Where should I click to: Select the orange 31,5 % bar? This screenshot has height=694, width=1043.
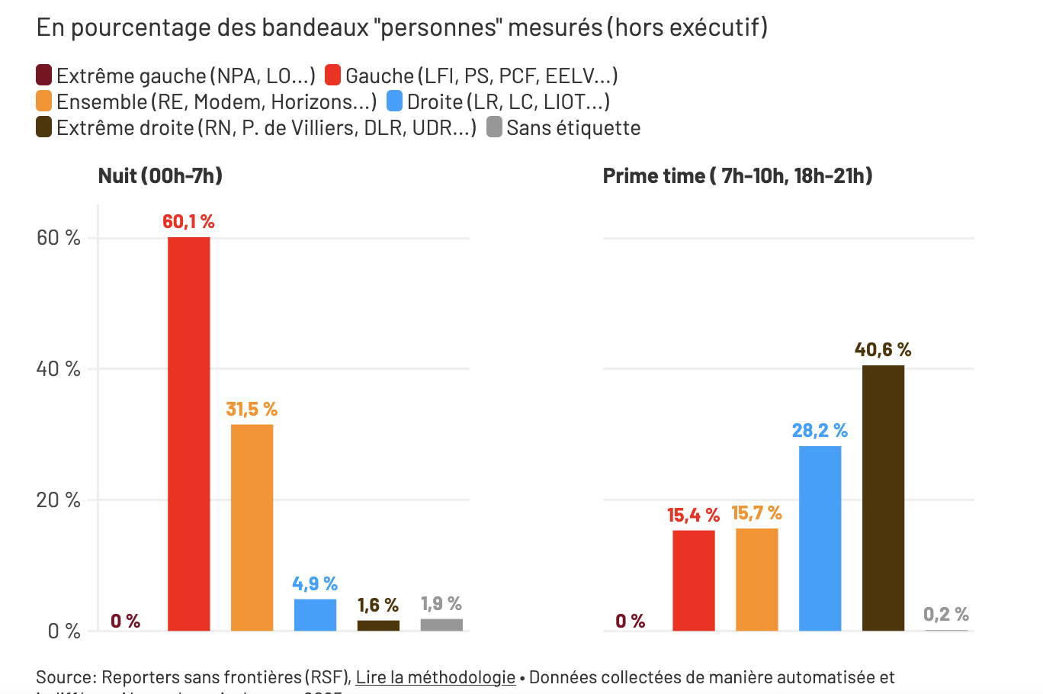(x=252, y=527)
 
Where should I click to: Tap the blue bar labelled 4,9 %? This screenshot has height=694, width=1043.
(x=315, y=615)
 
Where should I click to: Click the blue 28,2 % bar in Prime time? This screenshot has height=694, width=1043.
(x=820, y=538)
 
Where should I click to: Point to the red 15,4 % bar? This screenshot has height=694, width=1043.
(x=693, y=580)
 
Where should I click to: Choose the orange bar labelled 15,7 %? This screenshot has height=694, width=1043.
(x=756, y=579)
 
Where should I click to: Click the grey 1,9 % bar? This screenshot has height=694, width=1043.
(x=441, y=625)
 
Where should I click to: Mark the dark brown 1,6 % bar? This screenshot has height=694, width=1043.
(x=378, y=625)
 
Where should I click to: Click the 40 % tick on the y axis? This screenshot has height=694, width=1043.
(x=59, y=369)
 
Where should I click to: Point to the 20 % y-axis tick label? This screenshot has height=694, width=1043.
(x=59, y=500)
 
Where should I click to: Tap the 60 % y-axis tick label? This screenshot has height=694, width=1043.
(x=59, y=238)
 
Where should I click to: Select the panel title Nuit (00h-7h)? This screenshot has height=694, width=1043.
(x=160, y=176)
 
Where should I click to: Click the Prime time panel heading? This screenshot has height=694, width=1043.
(x=737, y=176)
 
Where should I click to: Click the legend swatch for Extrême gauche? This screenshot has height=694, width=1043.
(x=44, y=76)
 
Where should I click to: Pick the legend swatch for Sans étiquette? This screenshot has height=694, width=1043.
(x=494, y=127)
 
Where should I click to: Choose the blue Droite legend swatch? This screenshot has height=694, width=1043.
(x=394, y=101)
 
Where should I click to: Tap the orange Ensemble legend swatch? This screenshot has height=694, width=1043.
(x=44, y=101)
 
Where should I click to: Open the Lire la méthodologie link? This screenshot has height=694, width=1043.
(x=435, y=677)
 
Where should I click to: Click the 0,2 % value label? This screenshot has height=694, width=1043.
(x=945, y=614)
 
